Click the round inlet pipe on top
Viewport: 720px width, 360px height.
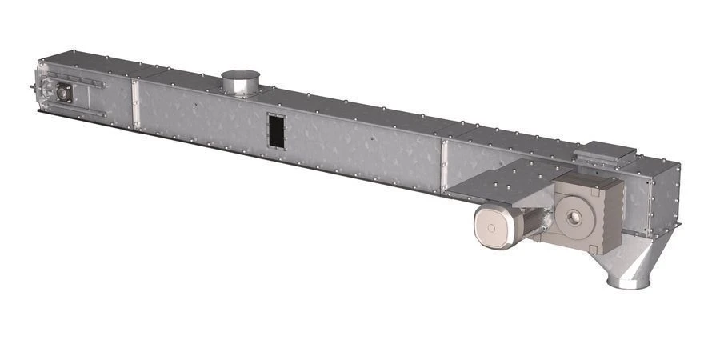tap(242, 82)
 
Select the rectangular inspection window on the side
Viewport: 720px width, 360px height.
tap(275, 132)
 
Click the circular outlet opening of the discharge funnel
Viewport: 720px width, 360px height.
tap(629, 282)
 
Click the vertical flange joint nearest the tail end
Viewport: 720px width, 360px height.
tap(135, 105)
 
